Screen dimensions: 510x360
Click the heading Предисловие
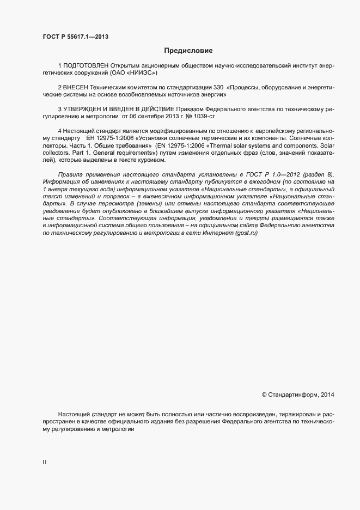coord(188,50)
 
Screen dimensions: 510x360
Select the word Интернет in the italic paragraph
coord(213,218)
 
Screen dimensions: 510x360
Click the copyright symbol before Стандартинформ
coord(265,394)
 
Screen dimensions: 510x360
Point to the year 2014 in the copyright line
coord(327,394)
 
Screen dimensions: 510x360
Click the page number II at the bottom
coord(45,462)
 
